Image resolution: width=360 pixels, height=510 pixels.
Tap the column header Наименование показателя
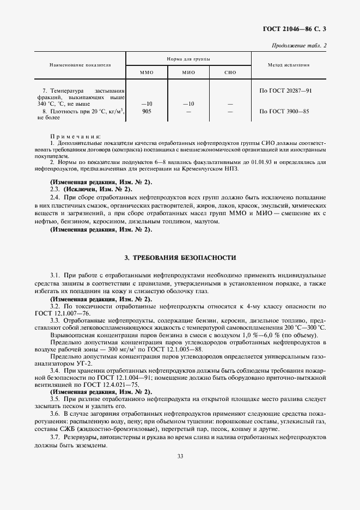point(80,65)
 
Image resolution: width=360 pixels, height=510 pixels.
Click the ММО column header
point(147,72)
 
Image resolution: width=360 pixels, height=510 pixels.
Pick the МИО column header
point(188,72)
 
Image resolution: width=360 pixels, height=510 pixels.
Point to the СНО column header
point(230,72)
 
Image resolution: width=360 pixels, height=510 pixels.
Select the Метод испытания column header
point(289,65)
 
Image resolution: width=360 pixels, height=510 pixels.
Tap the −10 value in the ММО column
point(146,103)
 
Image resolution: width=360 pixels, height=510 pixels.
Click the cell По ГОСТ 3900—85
point(284,111)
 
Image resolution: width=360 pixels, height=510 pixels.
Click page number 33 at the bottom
point(180,456)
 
